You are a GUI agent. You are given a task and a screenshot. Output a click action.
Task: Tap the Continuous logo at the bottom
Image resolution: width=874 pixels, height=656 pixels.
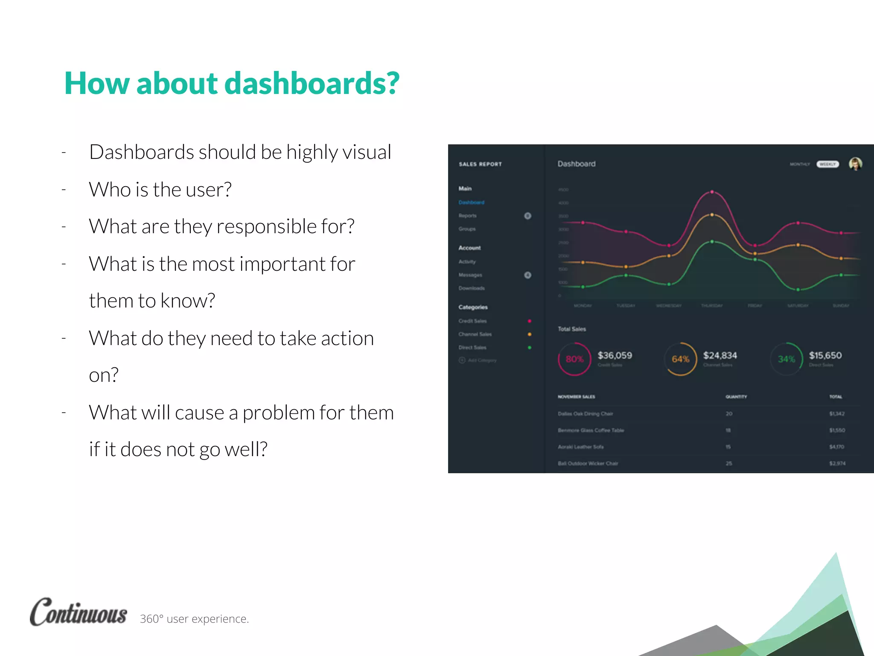pyautogui.click(x=79, y=612)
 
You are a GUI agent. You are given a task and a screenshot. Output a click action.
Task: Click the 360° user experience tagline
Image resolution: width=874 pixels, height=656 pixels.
pyautogui.click(x=194, y=619)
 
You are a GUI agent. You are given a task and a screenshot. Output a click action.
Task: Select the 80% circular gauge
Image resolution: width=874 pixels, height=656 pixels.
pyautogui.click(x=574, y=359)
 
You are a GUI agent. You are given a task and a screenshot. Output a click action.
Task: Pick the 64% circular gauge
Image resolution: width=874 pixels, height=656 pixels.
pyautogui.click(x=680, y=359)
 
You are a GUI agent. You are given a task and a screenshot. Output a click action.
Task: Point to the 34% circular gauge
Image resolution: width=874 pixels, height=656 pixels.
pyautogui.click(x=786, y=359)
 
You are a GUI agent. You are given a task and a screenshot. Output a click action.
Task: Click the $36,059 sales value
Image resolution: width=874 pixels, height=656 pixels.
pyautogui.click(x=615, y=355)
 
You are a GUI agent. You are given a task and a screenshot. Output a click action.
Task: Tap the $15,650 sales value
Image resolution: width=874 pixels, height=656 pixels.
pyautogui.click(x=825, y=355)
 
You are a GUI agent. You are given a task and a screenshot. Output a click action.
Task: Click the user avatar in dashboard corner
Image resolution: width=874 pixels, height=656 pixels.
pyautogui.click(x=855, y=164)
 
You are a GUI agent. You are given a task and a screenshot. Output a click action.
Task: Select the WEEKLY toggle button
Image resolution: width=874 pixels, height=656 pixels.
pyautogui.click(x=827, y=164)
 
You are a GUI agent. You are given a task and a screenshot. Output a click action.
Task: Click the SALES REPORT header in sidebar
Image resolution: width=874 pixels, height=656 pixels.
pyautogui.click(x=480, y=164)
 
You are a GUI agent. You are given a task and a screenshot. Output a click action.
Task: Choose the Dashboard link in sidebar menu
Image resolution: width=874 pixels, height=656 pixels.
pyautogui.click(x=471, y=202)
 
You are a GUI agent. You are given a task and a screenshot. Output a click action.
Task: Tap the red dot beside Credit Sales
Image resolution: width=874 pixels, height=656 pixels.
pyautogui.click(x=529, y=321)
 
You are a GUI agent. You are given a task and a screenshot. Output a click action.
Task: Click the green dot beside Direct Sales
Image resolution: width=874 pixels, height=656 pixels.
pyautogui.click(x=529, y=348)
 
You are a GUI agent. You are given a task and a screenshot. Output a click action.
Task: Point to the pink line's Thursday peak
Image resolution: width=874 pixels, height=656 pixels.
pyautogui.click(x=712, y=192)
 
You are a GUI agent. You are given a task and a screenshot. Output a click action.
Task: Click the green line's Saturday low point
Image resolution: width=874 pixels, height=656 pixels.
pyautogui.click(x=798, y=290)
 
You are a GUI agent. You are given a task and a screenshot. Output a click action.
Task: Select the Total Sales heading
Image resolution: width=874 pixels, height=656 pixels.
pyautogui.click(x=572, y=329)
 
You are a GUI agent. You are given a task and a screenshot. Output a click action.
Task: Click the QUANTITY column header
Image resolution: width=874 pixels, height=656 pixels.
pyautogui.click(x=736, y=397)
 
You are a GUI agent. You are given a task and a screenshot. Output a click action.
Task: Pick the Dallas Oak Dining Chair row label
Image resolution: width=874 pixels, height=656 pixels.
pyautogui.click(x=585, y=413)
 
